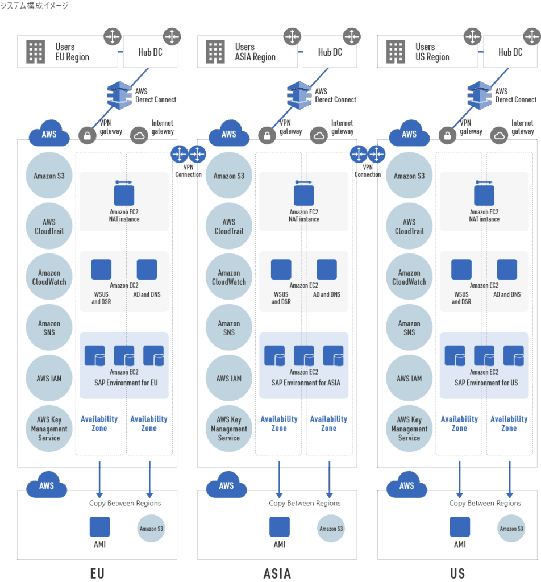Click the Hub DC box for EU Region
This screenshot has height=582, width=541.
tap(150, 52)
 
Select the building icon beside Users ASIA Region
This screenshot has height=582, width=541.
tap(215, 52)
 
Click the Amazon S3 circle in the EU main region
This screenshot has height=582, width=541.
tap(49, 176)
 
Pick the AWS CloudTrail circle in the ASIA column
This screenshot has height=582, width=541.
tap(229, 226)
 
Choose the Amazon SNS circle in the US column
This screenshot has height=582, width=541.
tap(409, 327)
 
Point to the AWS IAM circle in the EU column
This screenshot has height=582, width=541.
tap(49, 378)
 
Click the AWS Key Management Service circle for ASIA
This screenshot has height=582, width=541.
tap(229, 429)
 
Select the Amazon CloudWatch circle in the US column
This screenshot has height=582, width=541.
tap(409, 277)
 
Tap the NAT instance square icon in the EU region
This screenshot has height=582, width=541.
tap(124, 196)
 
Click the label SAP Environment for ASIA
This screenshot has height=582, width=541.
tap(306, 383)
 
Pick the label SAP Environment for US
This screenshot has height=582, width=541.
tap(486, 383)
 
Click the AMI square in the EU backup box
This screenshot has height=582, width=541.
tap(99, 527)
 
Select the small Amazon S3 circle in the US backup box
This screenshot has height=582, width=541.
tap(511, 529)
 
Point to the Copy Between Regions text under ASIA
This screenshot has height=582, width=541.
tap(305, 503)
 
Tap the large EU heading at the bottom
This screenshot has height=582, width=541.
tap(97, 573)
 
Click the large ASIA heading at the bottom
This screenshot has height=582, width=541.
tap(277, 573)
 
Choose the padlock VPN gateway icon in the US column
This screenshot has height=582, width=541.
tap(448, 135)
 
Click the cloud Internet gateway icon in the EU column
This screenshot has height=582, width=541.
tap(139, 135)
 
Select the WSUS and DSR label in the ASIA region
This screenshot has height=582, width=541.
tap(281, 298)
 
